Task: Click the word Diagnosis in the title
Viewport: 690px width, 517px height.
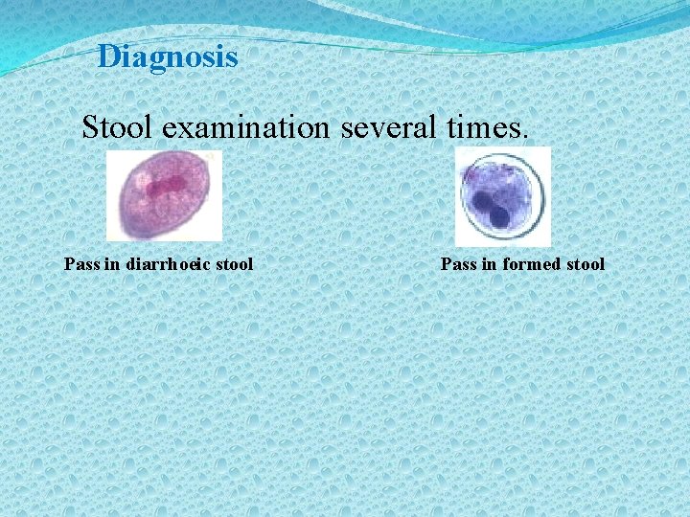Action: coord(168,56)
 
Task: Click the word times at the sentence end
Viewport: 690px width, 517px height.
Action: coord(490,126)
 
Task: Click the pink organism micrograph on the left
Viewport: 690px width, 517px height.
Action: coord(164,195)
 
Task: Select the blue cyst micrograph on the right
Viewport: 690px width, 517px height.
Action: coord(502,196)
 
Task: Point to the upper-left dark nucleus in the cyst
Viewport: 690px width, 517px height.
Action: coord(479,202)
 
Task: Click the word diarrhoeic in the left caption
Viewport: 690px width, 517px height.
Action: coord(169,263)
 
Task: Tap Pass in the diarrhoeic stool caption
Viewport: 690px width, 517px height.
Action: coord(81,263)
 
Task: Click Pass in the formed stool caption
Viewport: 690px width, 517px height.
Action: coord(458,263)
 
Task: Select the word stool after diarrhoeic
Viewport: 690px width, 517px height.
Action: coord(233,263)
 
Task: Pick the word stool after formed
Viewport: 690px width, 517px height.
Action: coord(585,263)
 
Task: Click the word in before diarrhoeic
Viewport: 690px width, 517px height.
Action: coord(113,263)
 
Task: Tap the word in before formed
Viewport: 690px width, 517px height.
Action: coord(490,263)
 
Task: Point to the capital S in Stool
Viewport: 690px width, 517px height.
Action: coord(90,126)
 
